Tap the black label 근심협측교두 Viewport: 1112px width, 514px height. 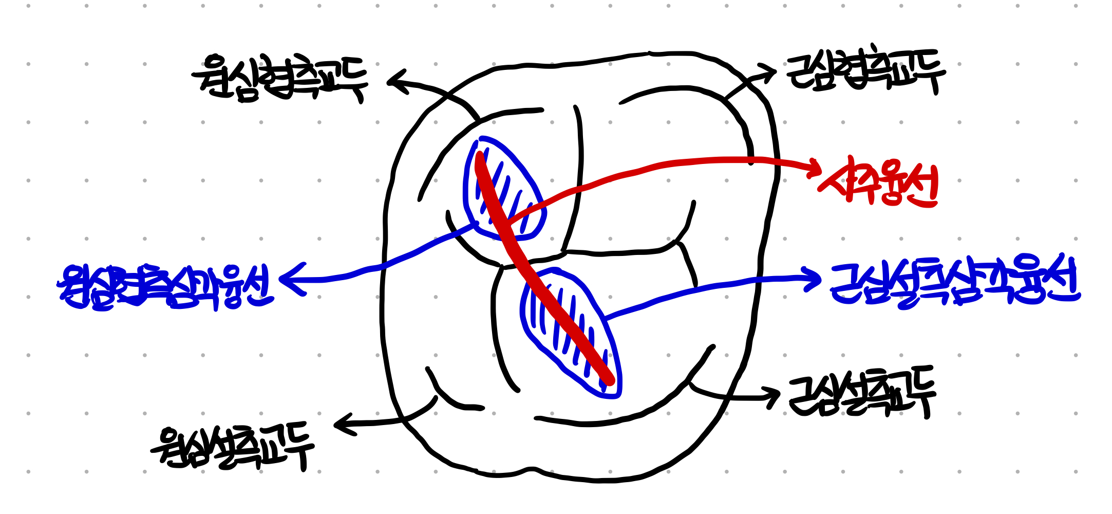click(x=865, y=72)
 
